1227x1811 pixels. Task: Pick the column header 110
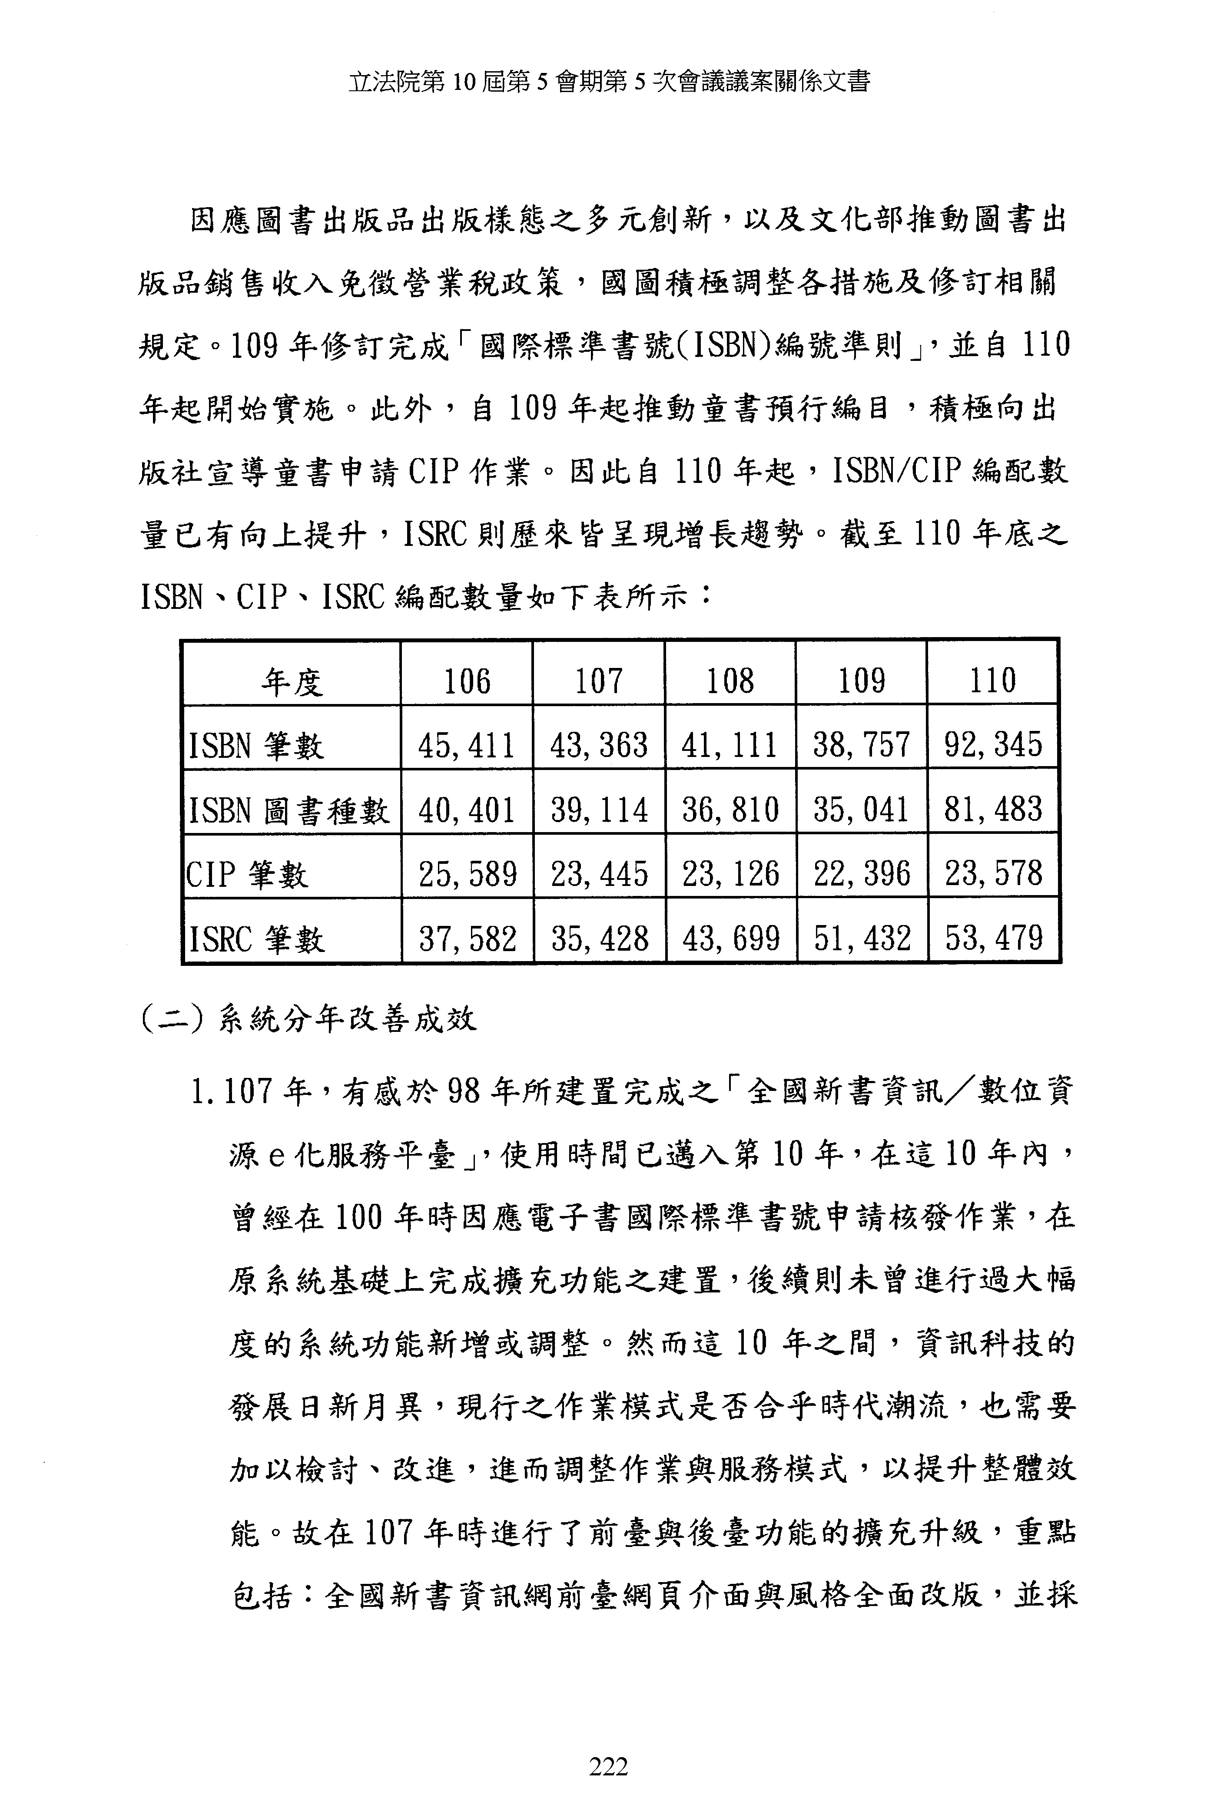[992, 680]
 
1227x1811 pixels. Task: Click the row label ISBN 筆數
[255, 746]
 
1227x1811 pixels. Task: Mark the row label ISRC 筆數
[255, 939]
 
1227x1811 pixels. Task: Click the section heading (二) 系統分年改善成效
[308, 1019]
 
